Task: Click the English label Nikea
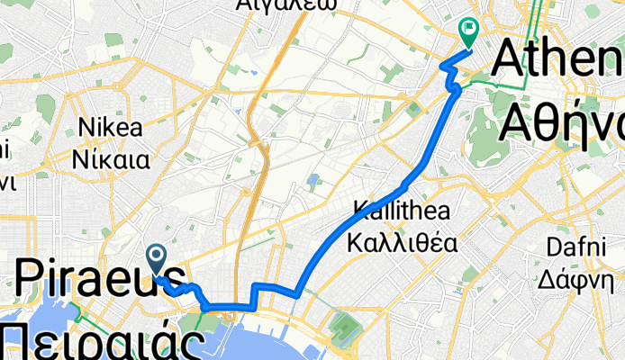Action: coord(111,127)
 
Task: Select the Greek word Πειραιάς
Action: coord(99,342)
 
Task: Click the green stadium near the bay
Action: coord(346,325)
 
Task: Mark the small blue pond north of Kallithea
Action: coord(312,180)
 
